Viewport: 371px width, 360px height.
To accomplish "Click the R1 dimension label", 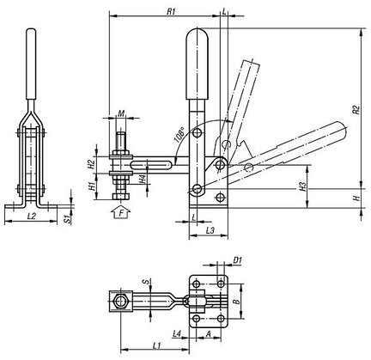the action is click(171, 11).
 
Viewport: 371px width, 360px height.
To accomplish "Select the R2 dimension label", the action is click(356, 110).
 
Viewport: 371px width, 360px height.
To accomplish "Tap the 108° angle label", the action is click(179, 136).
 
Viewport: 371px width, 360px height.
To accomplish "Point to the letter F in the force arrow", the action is click(120, 213).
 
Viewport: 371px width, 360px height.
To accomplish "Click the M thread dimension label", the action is click(121, 113).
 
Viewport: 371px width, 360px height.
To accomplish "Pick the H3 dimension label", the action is click(302, 186).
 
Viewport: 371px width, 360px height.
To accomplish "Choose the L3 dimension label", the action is click(210, 231).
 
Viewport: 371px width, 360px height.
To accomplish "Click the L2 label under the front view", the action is click(32, 217).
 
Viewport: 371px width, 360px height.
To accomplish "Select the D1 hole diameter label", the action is click(238, 260).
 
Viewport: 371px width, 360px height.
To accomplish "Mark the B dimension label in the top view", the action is click(236, 302).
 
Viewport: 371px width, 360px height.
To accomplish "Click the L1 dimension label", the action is click(156, 345).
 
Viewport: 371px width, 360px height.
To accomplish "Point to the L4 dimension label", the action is click(177, 333).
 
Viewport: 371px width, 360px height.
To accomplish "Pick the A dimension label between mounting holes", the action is click(209, 333).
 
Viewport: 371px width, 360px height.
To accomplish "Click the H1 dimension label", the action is click(92, 186).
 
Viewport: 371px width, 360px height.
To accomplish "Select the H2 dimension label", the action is click(91, 164).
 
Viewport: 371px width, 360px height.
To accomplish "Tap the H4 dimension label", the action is click(142, 180).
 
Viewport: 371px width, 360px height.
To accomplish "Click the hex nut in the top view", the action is click(120, 302).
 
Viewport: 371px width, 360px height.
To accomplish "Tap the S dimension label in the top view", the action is click(147, 282).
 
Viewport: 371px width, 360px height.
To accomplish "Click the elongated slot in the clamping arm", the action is click(151, 165).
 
